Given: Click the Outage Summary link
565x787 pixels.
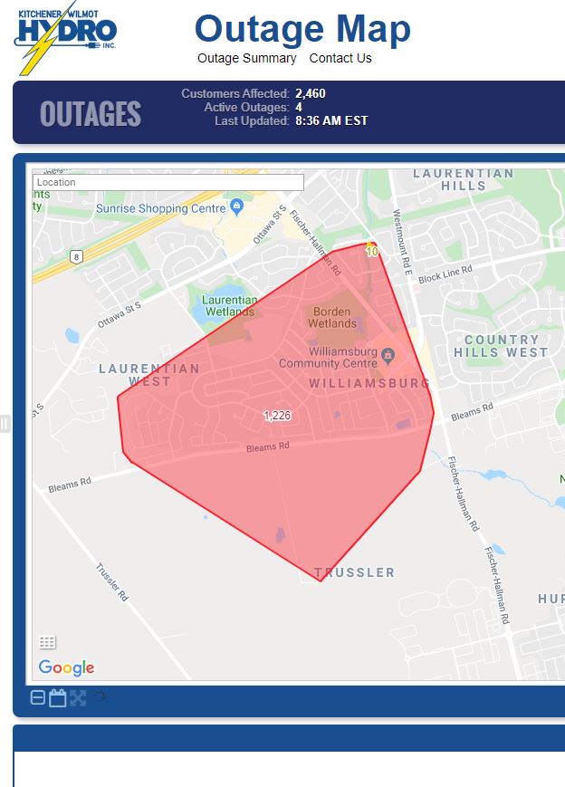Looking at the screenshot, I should pos(247,58).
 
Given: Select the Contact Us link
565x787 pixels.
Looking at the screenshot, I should pos(340,58).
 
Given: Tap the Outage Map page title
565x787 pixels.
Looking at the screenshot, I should pos(302,29).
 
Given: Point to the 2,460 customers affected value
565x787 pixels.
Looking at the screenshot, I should pos(311,93).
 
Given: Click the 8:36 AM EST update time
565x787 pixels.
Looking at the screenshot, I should pos(331,120).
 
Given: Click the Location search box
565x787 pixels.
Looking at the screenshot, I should pos(168,182).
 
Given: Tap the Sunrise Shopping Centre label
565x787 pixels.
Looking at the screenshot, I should pos(161,208).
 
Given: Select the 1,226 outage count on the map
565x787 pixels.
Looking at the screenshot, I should pos(277,416).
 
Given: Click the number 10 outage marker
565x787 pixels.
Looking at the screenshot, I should pos(371,252).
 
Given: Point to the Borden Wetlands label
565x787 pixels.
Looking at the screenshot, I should pos(331,317).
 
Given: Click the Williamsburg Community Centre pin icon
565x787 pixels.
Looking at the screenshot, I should pos(388,354).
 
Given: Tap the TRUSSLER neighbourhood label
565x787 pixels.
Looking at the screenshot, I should pos(354,572).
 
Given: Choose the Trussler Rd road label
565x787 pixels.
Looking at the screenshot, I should pos(113,584).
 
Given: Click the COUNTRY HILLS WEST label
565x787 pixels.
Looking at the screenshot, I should pos(501,346).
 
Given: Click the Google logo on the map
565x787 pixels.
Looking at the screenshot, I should pos(66,667).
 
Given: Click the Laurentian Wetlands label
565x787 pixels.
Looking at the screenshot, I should pos(229,305).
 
